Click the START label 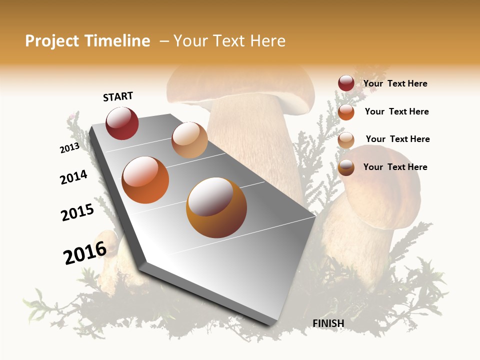[118, 96]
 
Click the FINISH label [328, 323]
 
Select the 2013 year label [70, 148]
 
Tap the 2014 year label [73, 177]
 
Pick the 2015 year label [77, 212]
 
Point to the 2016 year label [85, 252]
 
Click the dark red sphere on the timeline [122, 123]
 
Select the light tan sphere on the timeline [189, 140]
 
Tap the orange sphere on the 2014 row [145, 180]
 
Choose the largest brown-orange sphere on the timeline [216, 207]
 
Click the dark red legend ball [346, 83]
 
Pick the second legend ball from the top [346, 112]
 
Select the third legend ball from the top [346, 140]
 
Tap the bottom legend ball [346, 167]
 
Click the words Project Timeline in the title [87, 41]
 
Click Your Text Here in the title [229, 41]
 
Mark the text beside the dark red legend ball [395, 83]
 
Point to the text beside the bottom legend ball [395, 167]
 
